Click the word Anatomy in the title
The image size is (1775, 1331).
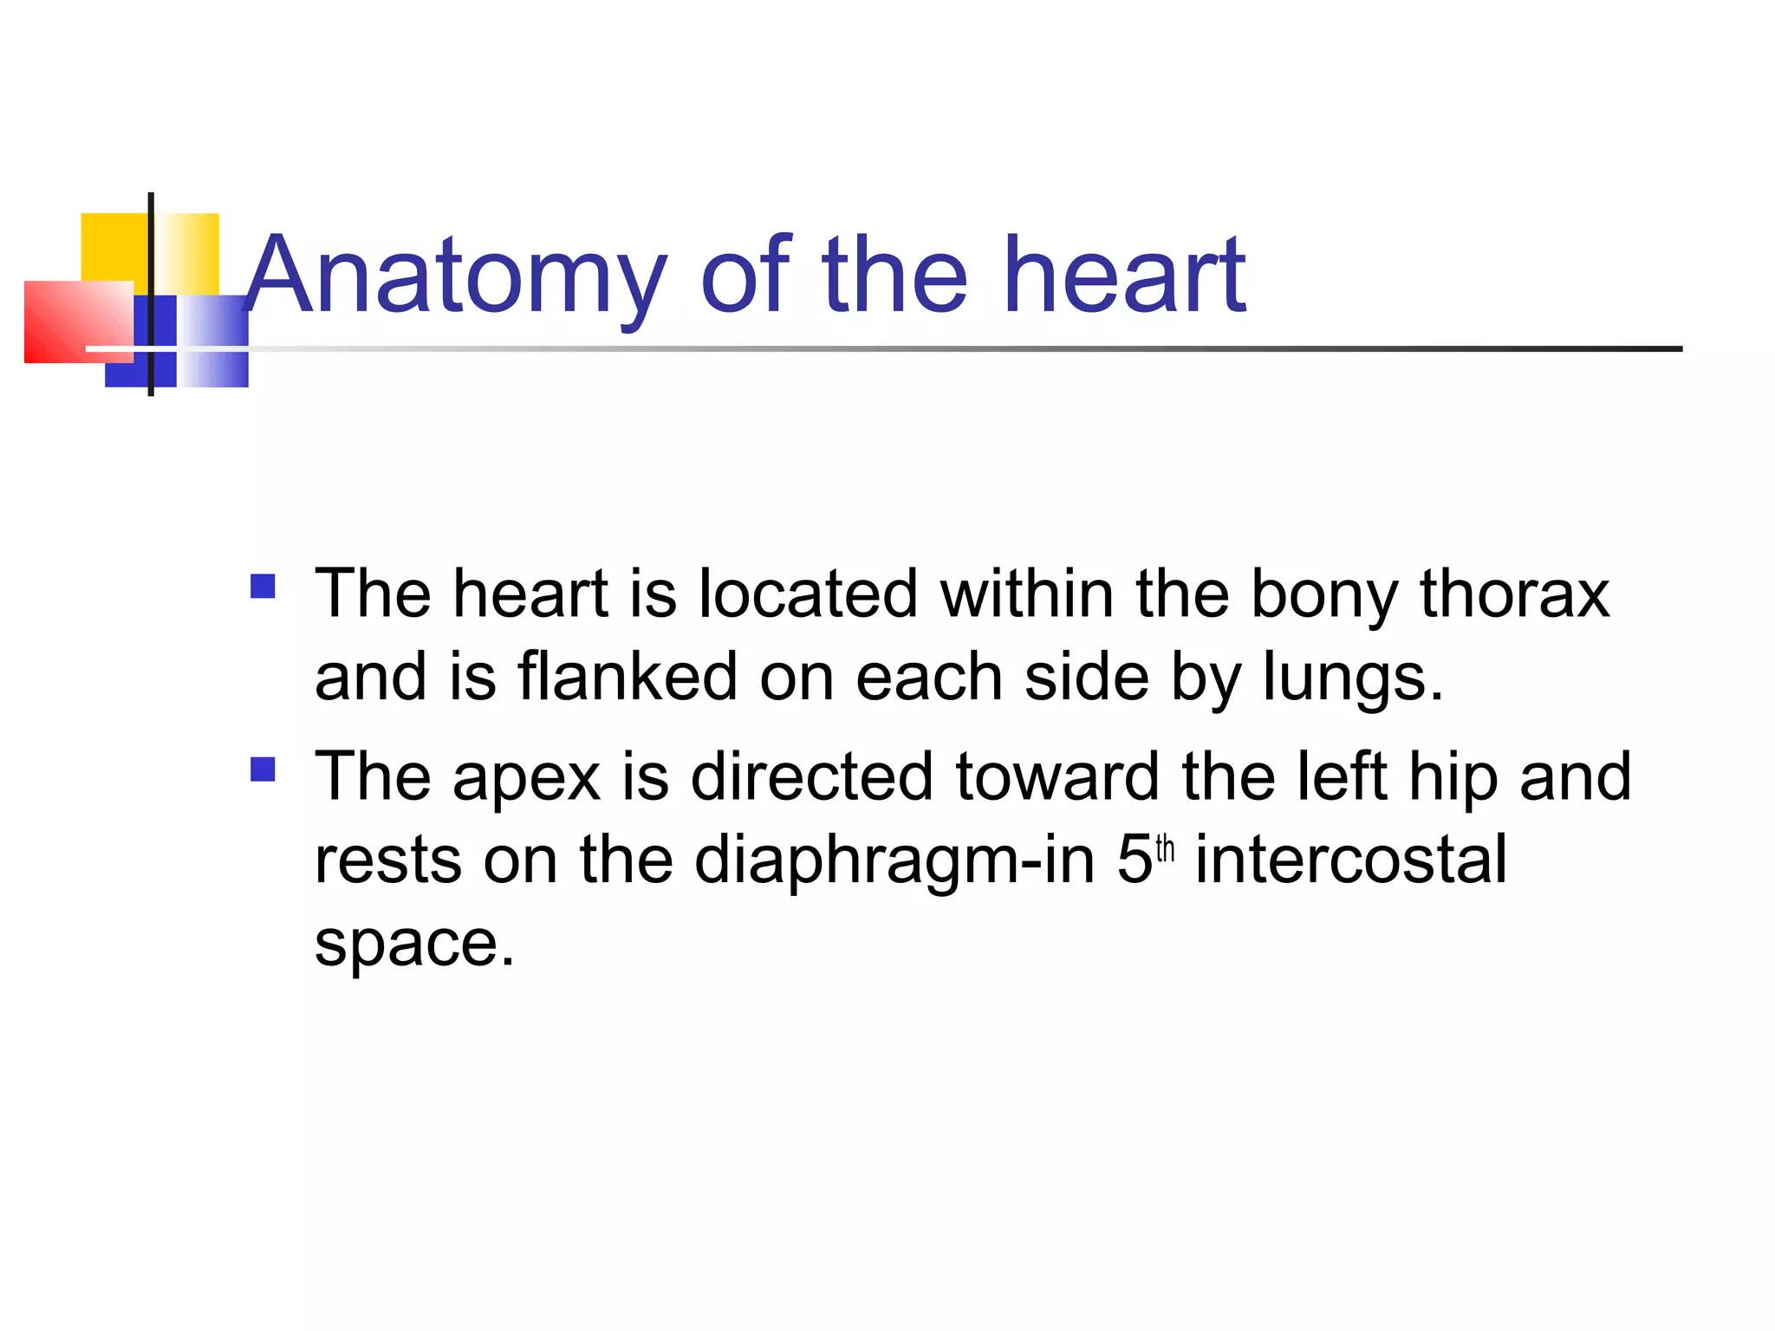(x=456, y=277)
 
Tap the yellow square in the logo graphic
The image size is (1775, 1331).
(x=114, y=246)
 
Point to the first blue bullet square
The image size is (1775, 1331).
(x=263, y=587)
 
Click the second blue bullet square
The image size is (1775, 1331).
(x=263, y=769)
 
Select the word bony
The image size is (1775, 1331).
(x=1323, y=596)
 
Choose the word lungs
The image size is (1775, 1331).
(x=1352, y=678)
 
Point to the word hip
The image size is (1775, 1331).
(x=1453, y=776)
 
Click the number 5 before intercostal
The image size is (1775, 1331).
(x=1134, y=860)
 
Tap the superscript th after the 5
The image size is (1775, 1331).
(x=1165, y=848)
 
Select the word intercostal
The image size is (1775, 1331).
(x=1351, y=860)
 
